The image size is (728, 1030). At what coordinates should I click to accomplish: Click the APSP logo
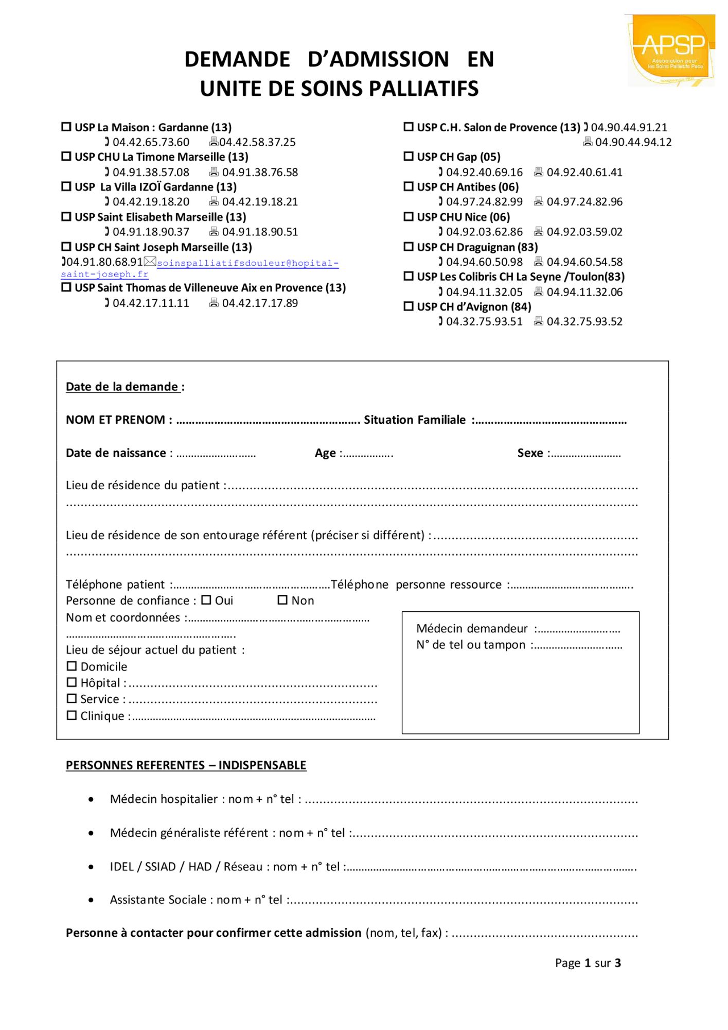(x=671, y=50)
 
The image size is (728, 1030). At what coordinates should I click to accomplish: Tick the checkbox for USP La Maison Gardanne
(x=66, y=127)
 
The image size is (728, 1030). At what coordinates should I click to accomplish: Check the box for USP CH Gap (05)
(x=409, y=156)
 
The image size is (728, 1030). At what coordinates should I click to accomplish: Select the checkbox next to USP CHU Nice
(x=409, y=216)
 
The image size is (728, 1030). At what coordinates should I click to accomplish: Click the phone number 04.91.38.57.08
(x=151, y=172)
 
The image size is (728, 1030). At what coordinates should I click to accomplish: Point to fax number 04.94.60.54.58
(x=584, y=262)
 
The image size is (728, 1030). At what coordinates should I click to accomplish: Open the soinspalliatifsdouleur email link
(x=247, y=263)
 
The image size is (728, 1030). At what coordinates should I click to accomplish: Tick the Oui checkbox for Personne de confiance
(x=206, y=600)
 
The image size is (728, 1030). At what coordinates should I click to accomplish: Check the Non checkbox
(x=282, y=600)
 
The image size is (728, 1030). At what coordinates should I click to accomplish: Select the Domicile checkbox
(x=72, y=666)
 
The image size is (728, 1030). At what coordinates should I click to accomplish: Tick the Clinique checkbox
(x=72, y=715)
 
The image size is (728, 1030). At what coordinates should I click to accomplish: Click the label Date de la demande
(x=122, y=387)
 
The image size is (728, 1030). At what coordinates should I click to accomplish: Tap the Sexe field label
(x=530, y=453)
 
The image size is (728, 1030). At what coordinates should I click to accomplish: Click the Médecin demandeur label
(x=472, y=628)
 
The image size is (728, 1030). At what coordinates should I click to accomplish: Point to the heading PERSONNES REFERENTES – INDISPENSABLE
(x=186, y=765)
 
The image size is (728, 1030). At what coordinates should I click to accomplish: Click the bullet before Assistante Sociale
(x=91, y=900)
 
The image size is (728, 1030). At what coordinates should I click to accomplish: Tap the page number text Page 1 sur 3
(x=588, y=963)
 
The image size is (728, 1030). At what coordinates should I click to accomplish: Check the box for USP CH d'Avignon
(x=409, y=306)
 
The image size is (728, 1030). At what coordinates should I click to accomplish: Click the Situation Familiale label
(x=415, y=420)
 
